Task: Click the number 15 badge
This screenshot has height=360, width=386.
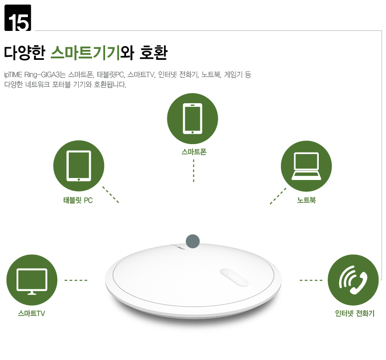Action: (x=18, y=18)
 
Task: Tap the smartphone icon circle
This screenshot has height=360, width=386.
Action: (x=193, y=119)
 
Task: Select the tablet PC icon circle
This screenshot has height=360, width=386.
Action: (x=79, y=166)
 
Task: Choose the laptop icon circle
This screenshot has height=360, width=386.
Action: (x=306, y=166)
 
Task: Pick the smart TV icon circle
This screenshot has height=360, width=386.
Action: (x=32, y=280)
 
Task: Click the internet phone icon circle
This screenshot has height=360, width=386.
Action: (x=353, y=280)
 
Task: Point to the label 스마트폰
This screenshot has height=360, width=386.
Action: (x=194, y=152)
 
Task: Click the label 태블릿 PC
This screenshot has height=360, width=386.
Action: (x=78, y=200)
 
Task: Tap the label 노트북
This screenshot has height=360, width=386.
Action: (x=306, y=200)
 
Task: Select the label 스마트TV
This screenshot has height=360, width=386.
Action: (x=31, y=313)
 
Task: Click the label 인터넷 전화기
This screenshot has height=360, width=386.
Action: (x=355, y=313)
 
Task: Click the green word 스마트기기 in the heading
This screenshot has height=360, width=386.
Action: (x=85, y=52)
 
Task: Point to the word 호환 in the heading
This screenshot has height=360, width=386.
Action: (x=153, y=52)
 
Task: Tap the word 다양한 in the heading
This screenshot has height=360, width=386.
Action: (x=24, y=52)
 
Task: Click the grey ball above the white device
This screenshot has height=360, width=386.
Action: (x=193, y=241)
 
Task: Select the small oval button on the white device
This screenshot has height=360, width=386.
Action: (x=234, y=277)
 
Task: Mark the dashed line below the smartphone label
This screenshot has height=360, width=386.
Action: (x=194, y=171)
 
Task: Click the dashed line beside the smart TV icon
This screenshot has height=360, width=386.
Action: (x=76, y=280)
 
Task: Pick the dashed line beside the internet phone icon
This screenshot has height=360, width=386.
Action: (x=311, y=280)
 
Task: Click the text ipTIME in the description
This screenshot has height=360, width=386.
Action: (x=13, y=75)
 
